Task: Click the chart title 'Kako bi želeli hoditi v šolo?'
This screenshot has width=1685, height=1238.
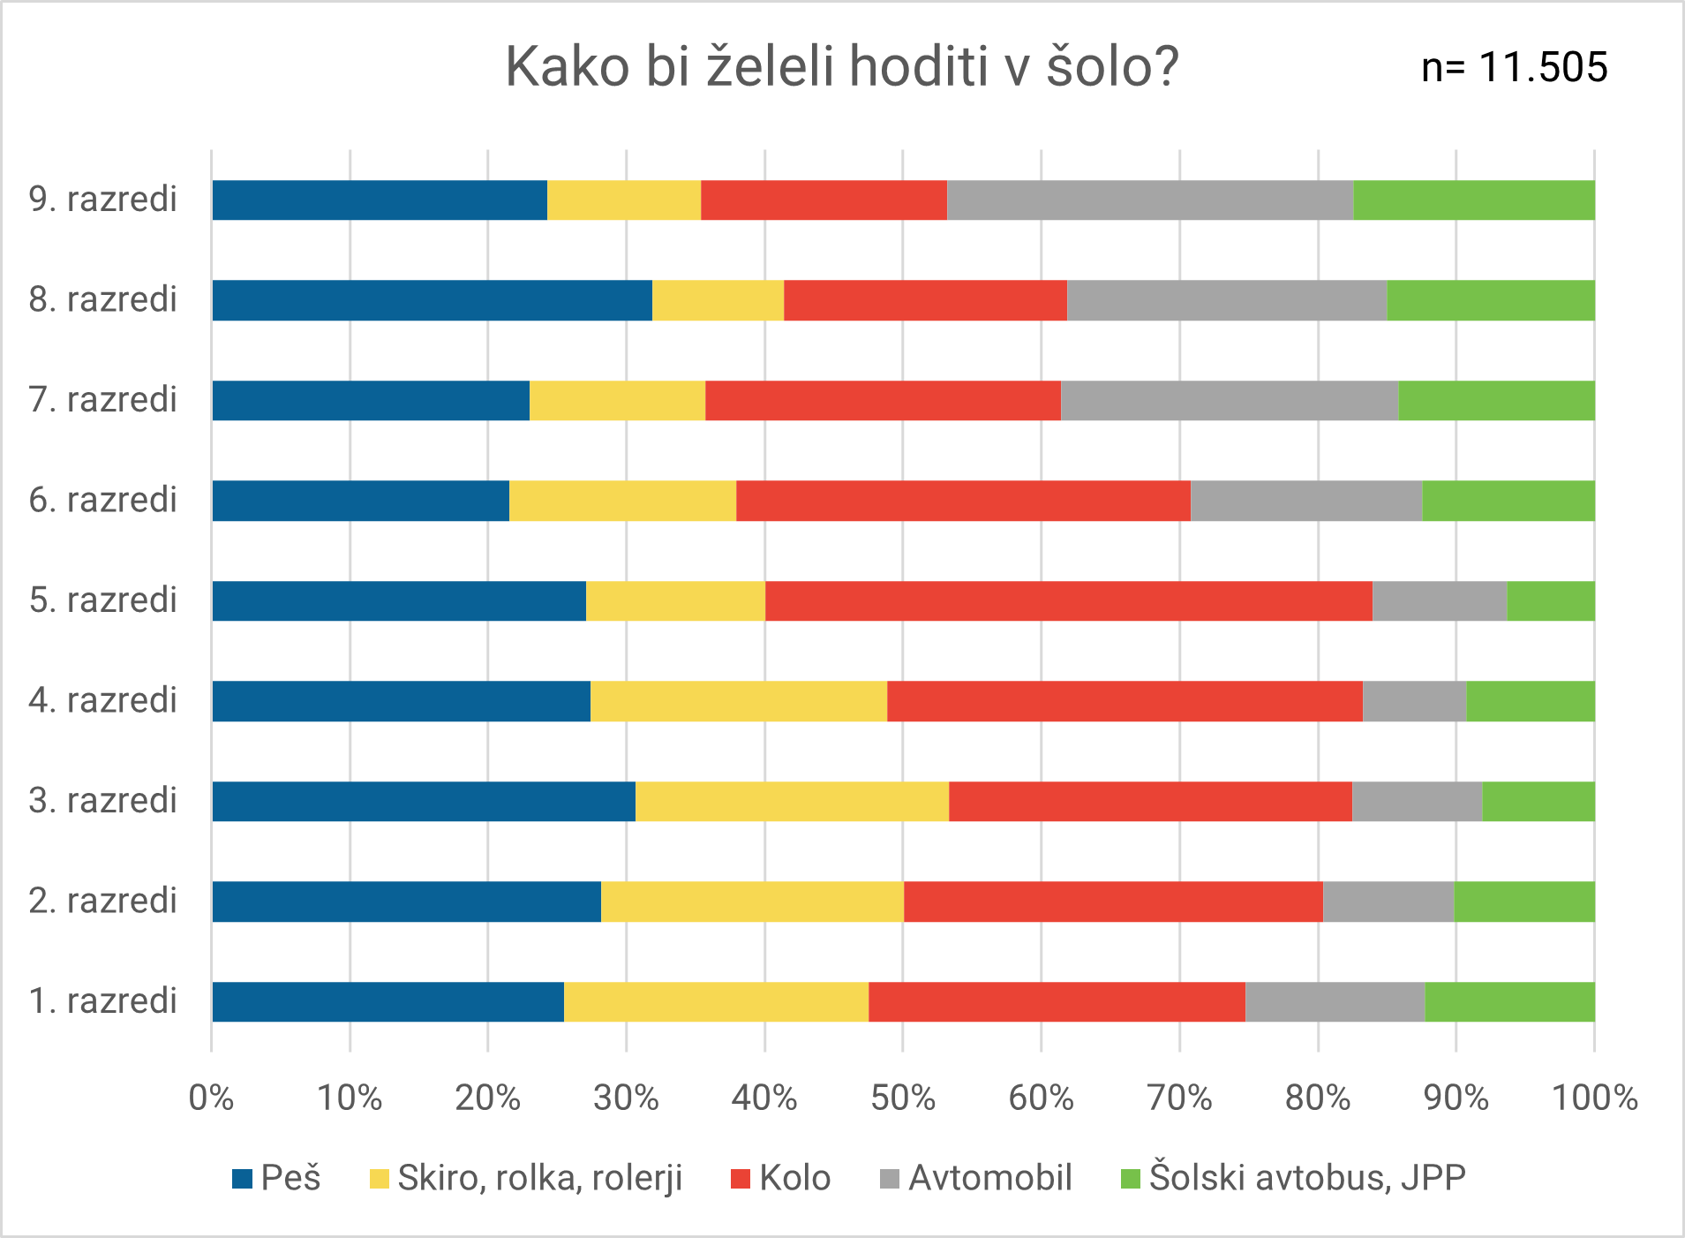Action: (x=841, y=67)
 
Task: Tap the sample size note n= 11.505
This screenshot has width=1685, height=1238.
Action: (x=1514, y=68)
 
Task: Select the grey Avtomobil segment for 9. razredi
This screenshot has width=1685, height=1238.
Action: (x=1149, y=200)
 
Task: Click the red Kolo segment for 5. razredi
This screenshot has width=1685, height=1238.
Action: (x=1068, y=601)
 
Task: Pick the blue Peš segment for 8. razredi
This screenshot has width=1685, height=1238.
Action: (x=432, y=300)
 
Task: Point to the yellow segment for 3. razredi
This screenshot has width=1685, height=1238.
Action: (x=792, y=802)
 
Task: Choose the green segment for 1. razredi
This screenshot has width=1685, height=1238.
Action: (x=1509, y=1002)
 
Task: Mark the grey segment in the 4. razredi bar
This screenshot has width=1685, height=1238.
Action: (x=1414, y=701)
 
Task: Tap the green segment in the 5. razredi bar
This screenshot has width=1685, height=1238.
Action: (x=1551, y=601)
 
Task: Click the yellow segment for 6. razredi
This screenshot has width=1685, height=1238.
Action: (x=622, y=501)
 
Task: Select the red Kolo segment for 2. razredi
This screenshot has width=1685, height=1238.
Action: (x=1113, y=902)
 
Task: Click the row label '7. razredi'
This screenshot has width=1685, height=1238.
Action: (x=103, y=400)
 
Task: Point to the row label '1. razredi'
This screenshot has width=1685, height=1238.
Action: (x=103, y=1001)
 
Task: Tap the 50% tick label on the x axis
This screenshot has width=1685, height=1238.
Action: (x=902, y=1098)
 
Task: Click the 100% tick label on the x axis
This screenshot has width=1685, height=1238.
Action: (x=1594, y=1098)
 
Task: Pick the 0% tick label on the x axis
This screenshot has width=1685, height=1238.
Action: (x=211, y=1098)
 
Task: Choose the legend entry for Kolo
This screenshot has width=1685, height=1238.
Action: (x=781, y=1178)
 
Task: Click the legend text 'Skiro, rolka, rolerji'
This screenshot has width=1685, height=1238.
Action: (x=540, y=1178)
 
